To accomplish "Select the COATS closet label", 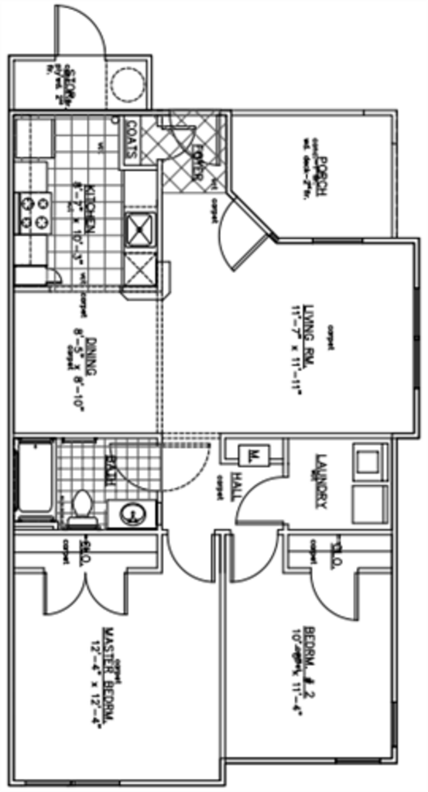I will (x=131, y=138).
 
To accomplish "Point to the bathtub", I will (x=34, y=480).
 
